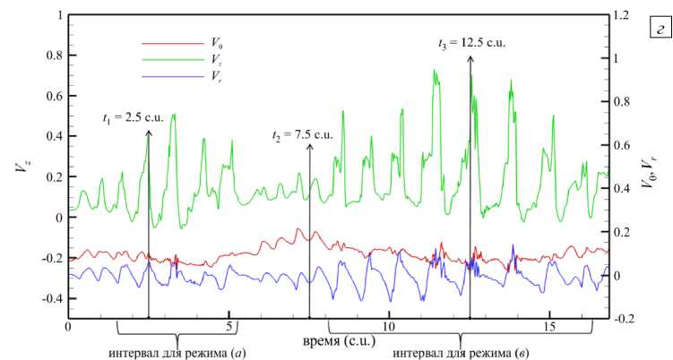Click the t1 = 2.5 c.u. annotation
point(132,117)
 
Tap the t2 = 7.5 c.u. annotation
point(302,134)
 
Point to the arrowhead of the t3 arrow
point(470,57)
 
